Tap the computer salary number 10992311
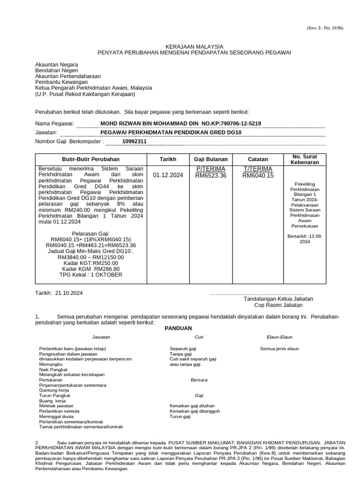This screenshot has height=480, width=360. [x=135, y=141]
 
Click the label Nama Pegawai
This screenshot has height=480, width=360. [x=54, y=123]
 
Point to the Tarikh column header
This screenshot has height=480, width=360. [x=167, y=159]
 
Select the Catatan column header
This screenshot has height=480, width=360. [x=257, y=159]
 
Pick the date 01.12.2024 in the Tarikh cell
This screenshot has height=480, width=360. [x=167, y=175]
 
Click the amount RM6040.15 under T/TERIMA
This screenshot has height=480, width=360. [x=258, y=175]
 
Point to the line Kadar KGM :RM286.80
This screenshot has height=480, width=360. [x=91, y=269]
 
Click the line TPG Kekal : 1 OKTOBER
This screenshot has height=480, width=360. [x=91, y=275]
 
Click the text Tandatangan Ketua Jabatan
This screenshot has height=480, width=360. [x=278, y=299]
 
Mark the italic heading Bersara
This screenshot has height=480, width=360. [x=199, y=380]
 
